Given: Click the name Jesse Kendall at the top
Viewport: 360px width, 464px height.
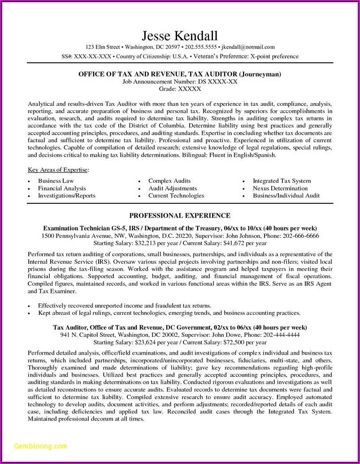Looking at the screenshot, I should pyautogui.click(x=180, y=35).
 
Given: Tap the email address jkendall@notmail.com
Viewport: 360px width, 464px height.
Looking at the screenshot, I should pyautogui.click(x=248, y=47).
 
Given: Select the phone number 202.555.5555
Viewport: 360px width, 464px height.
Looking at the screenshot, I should pyautogui.click(x=201, y=47).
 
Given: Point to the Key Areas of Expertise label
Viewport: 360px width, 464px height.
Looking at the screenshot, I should pyautogui.click(x=58, y=170).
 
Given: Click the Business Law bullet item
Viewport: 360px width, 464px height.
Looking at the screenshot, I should pyautogui.click(x=56, y=181).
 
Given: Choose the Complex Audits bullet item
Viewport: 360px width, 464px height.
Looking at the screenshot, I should pyautogui.click(x=170, y=181).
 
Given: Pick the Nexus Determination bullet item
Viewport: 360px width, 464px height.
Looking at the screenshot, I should pyautogui.click(x=280, y=189).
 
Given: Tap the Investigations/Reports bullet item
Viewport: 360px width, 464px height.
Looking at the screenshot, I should pyautogui.click(x=66, y=196).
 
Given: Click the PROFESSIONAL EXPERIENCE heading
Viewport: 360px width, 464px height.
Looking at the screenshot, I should pyautogui.click(x=180, y=215).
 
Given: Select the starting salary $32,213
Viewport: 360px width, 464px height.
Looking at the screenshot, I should pyautogui.click(x=147, y=243).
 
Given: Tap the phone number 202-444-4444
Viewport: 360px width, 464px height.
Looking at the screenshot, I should pyautogui.click(x=282, y=335).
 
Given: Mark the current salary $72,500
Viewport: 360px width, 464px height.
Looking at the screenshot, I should pyautogui.click(x=227, y=342).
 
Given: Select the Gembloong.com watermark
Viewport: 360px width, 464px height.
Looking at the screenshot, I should pyautogui.click(x=41, y=446).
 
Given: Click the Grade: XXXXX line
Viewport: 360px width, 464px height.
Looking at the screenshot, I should pyautogui.click(x=180, y=89).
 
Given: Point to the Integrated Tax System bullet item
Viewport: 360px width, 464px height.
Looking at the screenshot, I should pyautogui.click(x=282, y=181).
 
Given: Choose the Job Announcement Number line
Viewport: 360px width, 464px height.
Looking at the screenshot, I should pyautogui.click(x=180, y=82).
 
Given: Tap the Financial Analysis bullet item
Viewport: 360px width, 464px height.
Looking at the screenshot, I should pyautogui.click(x=62, y=189).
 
